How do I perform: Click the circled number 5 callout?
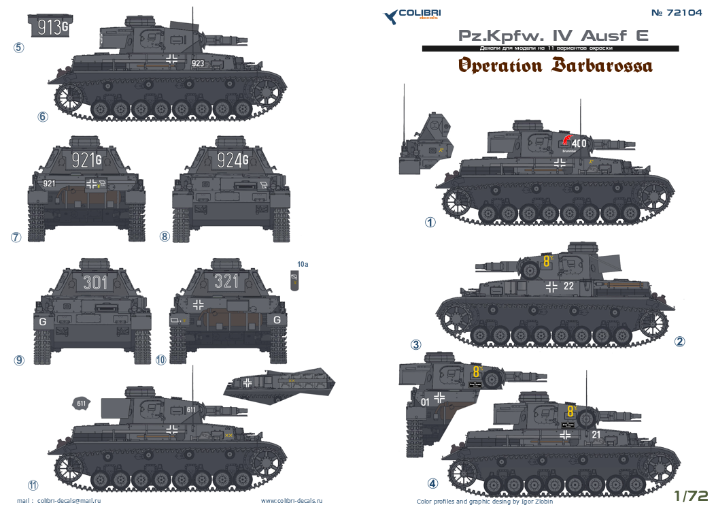(x=18, y=48)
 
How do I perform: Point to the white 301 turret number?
(x=95, y=281)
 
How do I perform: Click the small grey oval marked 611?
(x=81, y=404)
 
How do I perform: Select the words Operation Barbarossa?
(x=555, y=66)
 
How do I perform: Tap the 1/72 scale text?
(x=692, y=495)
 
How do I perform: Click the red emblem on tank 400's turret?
(x=566, y=140)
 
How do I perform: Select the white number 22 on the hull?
(x=568, y=286)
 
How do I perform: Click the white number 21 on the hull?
(x=596, y=434)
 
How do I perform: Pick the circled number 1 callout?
(x=430, y=223)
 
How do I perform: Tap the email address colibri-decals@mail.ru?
(x=65, y=501)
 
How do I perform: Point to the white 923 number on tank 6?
(x=197, y=63)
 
